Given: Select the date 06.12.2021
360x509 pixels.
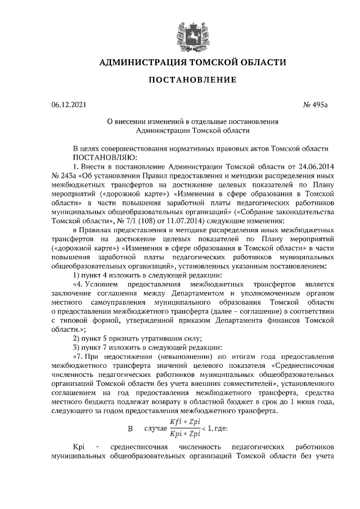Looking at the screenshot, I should pos(68,104).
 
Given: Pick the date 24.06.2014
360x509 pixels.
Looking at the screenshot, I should pos(316,167).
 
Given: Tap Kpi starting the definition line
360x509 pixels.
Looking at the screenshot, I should pos(78,446).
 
